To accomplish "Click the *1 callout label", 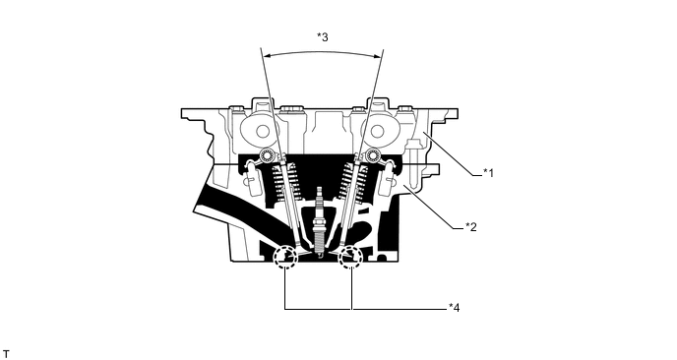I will point(488,172).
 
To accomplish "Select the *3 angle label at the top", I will point(322,37).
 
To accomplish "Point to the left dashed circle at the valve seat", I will point(285,257).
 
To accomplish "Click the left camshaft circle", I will point(264,129).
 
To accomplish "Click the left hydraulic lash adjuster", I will point(245,179).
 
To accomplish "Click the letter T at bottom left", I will point(6,351).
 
